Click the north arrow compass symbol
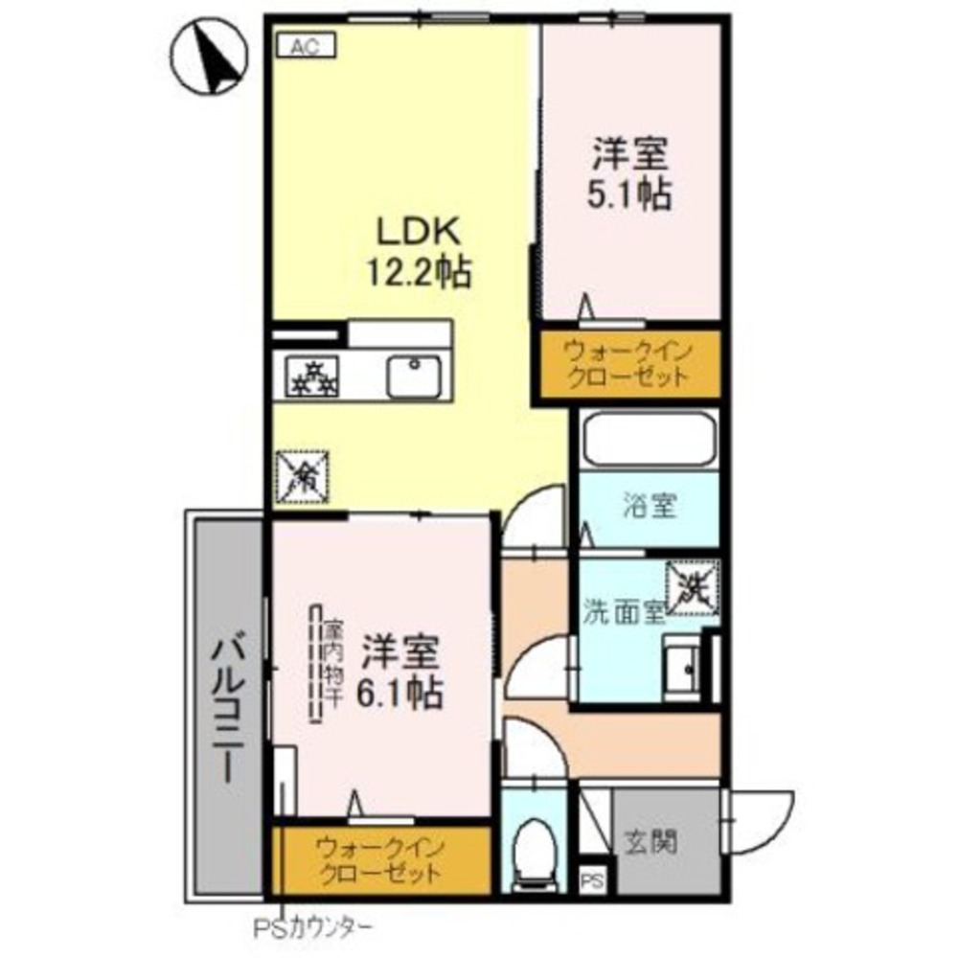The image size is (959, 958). tap(214, 58)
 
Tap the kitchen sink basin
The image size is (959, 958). tap(413, 376)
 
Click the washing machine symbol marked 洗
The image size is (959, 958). tap(693, 583)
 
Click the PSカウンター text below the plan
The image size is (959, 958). tap(311, 927)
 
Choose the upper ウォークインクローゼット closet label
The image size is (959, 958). tap(627, 363)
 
